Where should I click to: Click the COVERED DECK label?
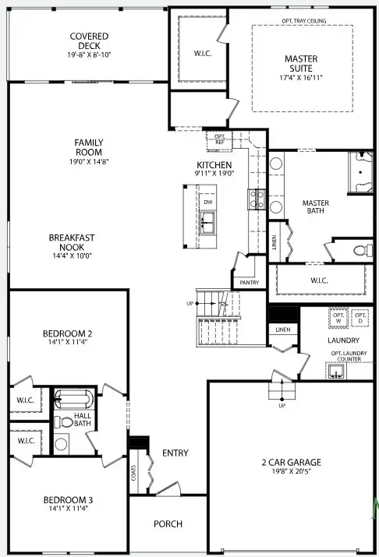(89, 46)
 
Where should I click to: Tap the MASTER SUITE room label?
(301, 63)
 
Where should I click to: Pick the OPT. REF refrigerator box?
(219, 140)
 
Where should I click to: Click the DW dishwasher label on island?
(208, 203)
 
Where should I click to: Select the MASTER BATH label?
(316, 208)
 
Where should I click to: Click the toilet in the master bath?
(360, 251)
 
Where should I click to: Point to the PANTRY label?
(249, 283)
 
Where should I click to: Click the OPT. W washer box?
(338, 318)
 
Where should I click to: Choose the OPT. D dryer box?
(360, 318)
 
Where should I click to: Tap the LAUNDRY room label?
(343, 340)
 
